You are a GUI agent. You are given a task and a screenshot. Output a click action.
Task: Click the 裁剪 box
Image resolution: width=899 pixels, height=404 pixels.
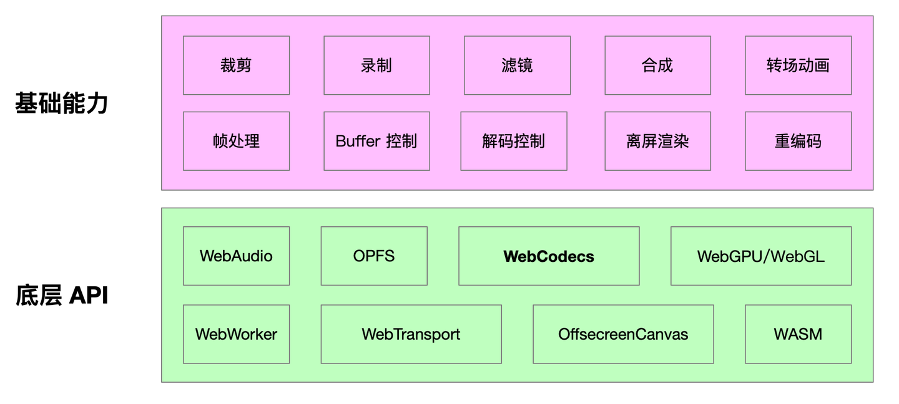(236, 65)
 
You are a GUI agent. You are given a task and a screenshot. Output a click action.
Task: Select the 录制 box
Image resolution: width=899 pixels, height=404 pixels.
(376, 65)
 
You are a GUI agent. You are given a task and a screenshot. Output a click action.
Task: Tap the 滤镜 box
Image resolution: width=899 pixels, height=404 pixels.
(517, 65)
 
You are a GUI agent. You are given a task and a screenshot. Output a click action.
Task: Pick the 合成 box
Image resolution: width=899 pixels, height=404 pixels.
(657, 65)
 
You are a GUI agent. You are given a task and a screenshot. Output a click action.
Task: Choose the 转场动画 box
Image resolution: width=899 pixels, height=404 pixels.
(798, 65)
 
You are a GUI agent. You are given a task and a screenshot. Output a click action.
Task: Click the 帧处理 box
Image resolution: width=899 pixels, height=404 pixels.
(236, 141)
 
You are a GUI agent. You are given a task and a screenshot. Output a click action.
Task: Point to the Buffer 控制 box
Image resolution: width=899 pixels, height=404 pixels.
(376, 141)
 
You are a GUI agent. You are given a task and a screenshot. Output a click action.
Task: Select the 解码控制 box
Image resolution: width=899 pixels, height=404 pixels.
(513, 141)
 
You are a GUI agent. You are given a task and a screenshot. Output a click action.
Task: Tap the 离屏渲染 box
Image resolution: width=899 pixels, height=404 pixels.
(657, 141)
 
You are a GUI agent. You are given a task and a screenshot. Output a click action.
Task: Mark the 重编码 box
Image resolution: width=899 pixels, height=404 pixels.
(798, 141)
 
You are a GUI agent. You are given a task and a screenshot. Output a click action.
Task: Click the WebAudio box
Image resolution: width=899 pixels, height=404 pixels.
(236, 256)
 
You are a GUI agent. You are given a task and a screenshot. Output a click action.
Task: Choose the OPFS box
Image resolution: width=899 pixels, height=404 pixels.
(374, 256)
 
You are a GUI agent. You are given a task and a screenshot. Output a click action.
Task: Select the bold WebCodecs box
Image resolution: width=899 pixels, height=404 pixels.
(549, 256)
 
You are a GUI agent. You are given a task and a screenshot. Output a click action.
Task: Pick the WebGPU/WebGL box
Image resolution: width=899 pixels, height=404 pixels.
(760, 256)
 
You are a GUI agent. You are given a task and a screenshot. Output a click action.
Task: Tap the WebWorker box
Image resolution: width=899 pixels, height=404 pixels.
(236, 334)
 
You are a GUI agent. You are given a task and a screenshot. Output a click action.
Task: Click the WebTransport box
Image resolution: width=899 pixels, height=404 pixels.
(411, 334)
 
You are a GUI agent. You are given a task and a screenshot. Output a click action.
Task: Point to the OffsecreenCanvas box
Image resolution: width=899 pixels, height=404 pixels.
(623, 334)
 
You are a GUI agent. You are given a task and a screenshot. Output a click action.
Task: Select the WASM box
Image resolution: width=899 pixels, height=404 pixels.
(798, 334)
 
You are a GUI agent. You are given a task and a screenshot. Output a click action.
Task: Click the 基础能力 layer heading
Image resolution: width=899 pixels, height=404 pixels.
(62, 103)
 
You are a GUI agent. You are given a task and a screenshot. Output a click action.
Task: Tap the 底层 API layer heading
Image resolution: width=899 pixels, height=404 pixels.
(62, 295)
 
